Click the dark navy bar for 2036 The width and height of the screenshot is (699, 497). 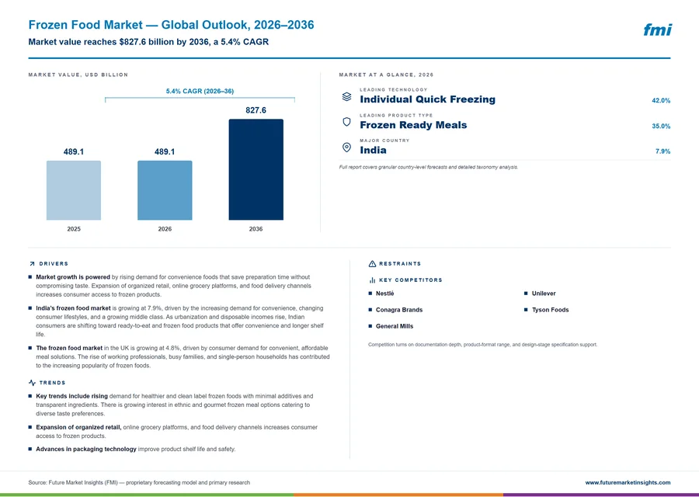click(256, 169)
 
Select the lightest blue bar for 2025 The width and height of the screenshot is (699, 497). click(74, 190)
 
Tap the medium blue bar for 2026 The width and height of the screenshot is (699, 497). click(165, 190)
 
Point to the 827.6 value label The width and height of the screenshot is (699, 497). click(256, 110)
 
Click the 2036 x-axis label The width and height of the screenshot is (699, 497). click(256, 229)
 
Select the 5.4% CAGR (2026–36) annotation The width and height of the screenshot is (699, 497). click(200, 91)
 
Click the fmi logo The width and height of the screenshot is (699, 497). click(658, 30)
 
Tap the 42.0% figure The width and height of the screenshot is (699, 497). click(661, 101)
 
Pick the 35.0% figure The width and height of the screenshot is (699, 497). click(661, 126)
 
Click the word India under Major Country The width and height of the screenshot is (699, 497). click(373, 150)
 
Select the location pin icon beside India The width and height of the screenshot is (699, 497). click(346, 147)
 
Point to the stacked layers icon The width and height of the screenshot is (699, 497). click(346, 97)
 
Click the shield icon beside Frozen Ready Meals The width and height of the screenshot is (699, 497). click(346, 122)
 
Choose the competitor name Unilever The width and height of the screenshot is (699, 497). click(544, 294)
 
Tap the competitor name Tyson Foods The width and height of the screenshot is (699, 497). click(550, 310)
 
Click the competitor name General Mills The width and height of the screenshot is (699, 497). click(395, 326)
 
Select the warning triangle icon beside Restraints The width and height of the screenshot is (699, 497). click(372, 264)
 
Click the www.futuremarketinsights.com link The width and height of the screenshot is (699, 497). click(628, 482)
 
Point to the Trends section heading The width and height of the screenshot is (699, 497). click(52, 383)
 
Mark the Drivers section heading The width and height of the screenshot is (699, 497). click(54, 264)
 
